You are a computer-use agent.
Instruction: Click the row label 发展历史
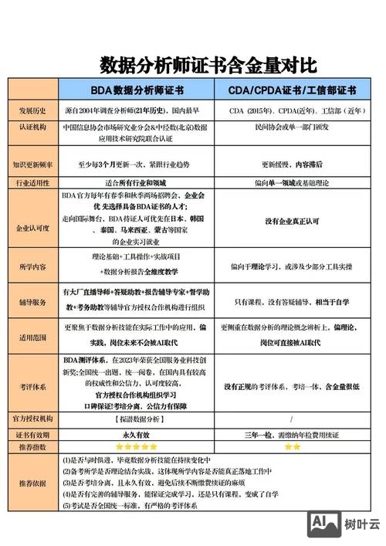click(33, 110)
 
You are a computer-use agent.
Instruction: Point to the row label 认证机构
click(33, 132)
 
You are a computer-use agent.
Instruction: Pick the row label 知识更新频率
click(33, 164)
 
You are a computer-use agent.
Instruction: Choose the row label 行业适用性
click(33, 183)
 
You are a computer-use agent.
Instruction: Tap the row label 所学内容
click(33, 266)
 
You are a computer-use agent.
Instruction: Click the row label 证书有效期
click(33, 434)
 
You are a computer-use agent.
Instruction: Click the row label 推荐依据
click(33, 483)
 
